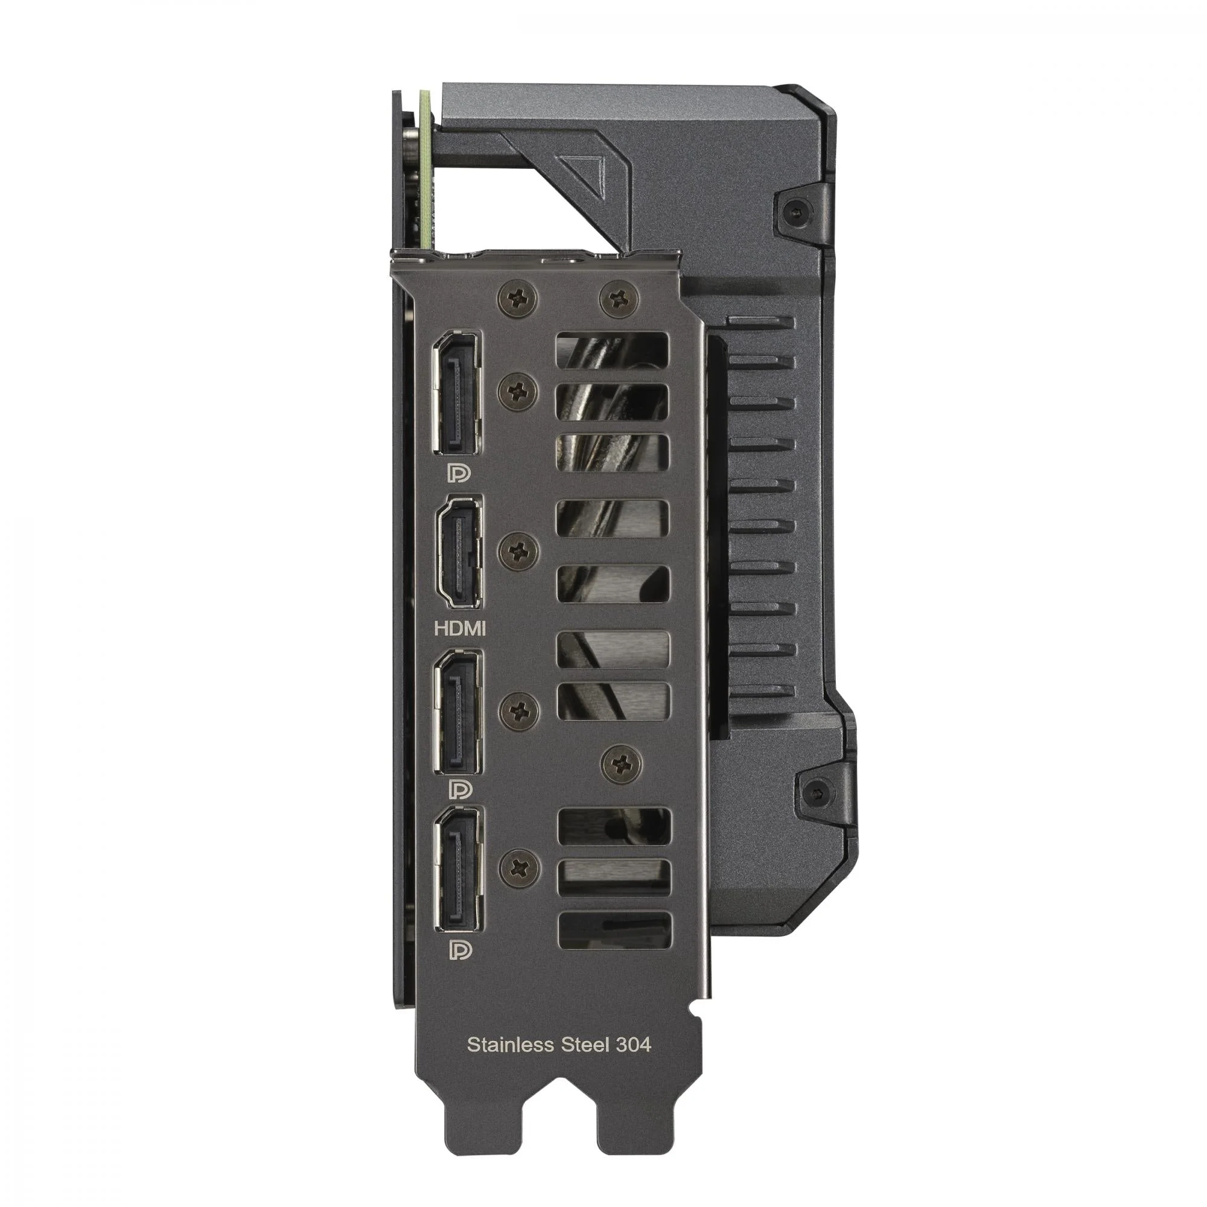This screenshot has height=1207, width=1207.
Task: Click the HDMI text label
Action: click(460, 628)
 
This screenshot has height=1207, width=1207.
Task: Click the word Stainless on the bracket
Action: click(509, 1045)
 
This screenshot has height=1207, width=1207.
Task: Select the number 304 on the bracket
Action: click(632, 1045)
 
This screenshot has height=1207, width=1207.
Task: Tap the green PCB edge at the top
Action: click(425, 169)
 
